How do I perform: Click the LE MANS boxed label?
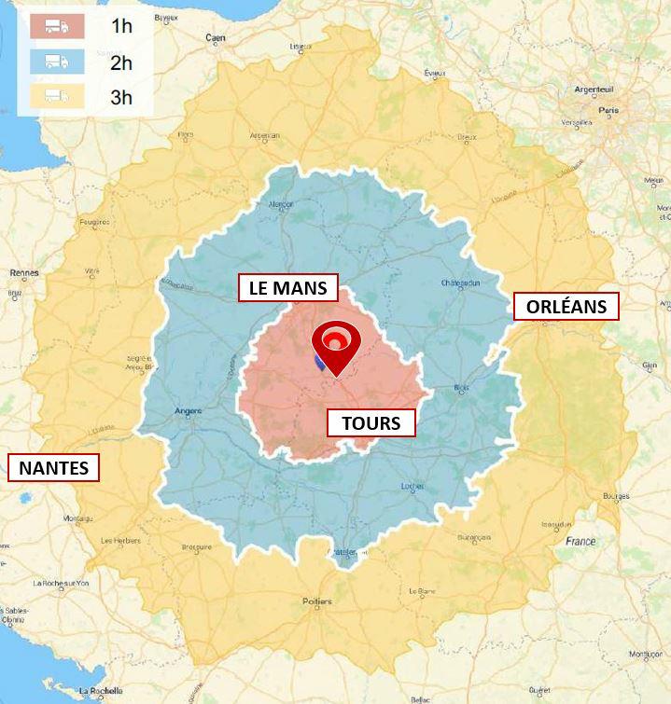[287, 288]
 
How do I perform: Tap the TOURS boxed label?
[370, 423]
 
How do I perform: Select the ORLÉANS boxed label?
[566, 307]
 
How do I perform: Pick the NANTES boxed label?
[54, 467]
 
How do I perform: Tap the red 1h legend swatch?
[56, 26]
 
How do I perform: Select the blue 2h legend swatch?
[56, 62]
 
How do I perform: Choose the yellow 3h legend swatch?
[56, 96]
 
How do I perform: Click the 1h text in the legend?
[121, 26]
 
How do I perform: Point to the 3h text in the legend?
[121, 97]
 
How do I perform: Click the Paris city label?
[608, 110]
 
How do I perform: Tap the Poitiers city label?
[317, 601]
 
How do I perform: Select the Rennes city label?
[23, 273]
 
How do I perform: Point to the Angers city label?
[189, 411]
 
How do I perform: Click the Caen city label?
[217, 37]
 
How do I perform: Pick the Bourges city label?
[617, 497]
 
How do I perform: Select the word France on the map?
[580, 541]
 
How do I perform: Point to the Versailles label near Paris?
[577, 122]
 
